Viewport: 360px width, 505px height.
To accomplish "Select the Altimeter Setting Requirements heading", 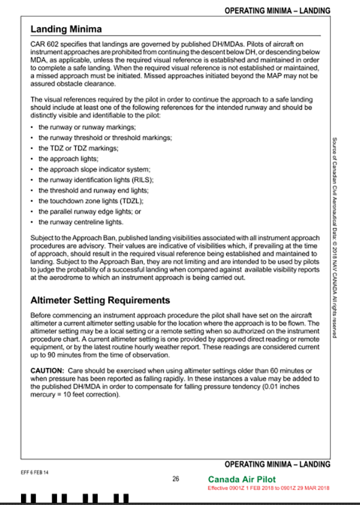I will pos(100,300).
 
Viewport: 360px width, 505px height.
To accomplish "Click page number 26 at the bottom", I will pos(176,479).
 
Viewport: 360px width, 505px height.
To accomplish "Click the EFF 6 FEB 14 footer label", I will pos(34,473).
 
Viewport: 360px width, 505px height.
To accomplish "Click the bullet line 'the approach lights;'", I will pos(64,159).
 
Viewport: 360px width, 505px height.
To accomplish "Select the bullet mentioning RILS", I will pos(96,180).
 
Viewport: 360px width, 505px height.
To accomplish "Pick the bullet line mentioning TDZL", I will pos(91,201).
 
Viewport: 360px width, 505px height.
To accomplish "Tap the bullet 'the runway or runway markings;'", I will pos(79,127).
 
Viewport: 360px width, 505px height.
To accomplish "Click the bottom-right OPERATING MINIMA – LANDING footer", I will pos(277,464).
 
